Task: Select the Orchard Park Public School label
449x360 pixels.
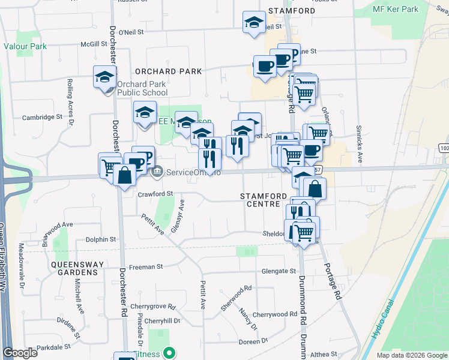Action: coord(142,88)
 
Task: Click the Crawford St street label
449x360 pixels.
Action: coord(155,194)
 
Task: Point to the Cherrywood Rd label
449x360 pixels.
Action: coord(275,314)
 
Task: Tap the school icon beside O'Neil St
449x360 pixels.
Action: coord(254,23)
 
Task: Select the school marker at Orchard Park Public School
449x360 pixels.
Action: coord(104,77)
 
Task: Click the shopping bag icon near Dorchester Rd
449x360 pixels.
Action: coord(124,176)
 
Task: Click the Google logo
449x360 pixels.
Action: coord(20,353)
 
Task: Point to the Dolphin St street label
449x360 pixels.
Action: coord(100,239)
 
